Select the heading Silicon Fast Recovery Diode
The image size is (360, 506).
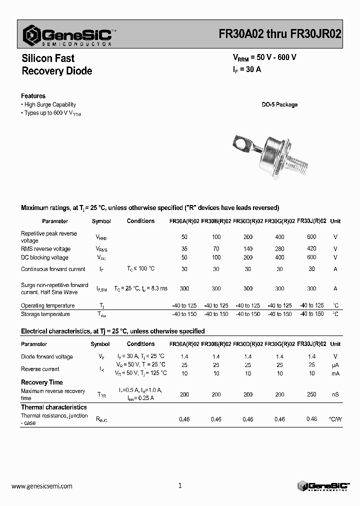coord(56,65)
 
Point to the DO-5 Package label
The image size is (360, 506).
coord(279,104)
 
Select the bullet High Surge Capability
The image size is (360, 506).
coord(49,104)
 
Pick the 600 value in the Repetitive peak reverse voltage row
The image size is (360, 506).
coord(311,236)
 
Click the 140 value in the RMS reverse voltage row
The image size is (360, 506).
coord(247,248)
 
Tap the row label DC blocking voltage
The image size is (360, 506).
coord(44,257)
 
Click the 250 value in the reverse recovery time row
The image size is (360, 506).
coord(311,394)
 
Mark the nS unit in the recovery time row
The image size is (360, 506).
coord(335,394)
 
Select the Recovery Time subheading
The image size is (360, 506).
coord(41,382)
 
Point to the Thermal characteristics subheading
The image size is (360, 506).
coord(53,407)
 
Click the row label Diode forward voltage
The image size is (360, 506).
coord(46,356)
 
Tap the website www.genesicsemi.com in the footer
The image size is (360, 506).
coord(41,485)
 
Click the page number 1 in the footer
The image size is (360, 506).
coord(180,485)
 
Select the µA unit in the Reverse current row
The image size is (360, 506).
coord(335,365)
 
